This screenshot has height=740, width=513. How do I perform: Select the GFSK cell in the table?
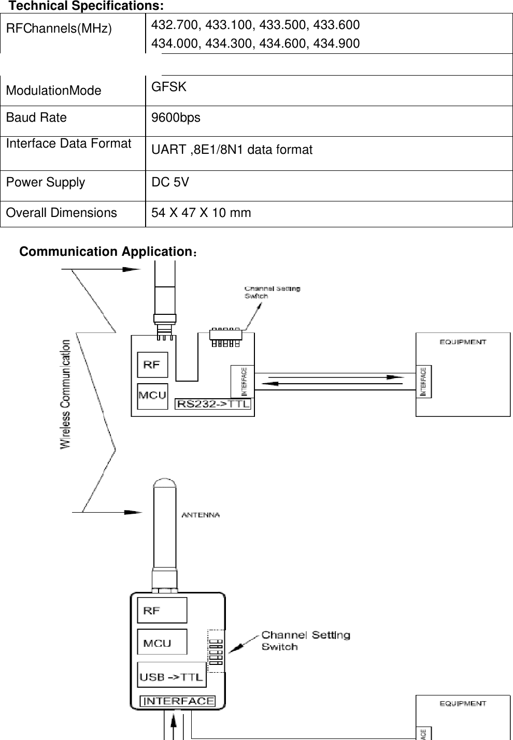pos(169,87)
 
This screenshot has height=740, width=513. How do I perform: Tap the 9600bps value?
pos(176,118)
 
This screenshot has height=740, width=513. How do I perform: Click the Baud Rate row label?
pos(36,118)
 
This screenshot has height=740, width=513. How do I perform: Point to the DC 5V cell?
pos(170,183)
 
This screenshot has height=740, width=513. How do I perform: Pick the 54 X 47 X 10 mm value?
pos(201,213)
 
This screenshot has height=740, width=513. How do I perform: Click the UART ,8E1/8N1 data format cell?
pos(232,150)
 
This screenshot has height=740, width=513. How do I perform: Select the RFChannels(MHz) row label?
pos(59,28)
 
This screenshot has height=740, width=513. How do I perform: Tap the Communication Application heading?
pos(105,252)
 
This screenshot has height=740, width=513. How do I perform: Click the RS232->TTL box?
pos(213,404)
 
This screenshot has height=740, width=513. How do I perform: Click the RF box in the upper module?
pos(152,365)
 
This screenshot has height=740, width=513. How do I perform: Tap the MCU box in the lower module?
pos(158,643)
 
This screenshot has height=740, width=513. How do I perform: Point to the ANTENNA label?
pos(200,515)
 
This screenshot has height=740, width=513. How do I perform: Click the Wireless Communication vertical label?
pos(66,394)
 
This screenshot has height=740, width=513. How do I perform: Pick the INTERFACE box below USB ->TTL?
pos(178,701)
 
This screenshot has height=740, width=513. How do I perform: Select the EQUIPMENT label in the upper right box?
pos(463,342)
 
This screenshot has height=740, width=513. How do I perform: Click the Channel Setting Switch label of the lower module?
pos(305,641)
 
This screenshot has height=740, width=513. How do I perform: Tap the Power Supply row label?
pos(46,183)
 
